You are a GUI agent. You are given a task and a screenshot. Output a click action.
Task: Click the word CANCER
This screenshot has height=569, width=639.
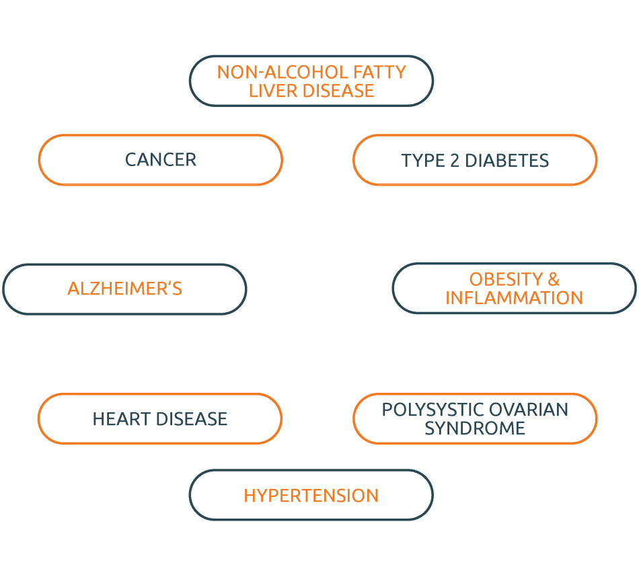pos(161,160)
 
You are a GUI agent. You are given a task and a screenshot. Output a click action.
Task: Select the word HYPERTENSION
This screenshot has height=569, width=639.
pos(311,496)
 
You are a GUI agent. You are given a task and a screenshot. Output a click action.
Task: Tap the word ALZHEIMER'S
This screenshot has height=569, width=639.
pos(125,289)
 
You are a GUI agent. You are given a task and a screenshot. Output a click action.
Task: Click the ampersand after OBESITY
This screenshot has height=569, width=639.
pos(553,279)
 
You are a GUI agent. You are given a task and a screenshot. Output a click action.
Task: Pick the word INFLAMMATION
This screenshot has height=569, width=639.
pos(514,298)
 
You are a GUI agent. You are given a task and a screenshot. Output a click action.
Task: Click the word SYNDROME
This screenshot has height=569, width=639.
pos(474,428)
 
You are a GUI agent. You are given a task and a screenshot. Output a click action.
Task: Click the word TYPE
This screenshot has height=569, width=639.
pos(421,161)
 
